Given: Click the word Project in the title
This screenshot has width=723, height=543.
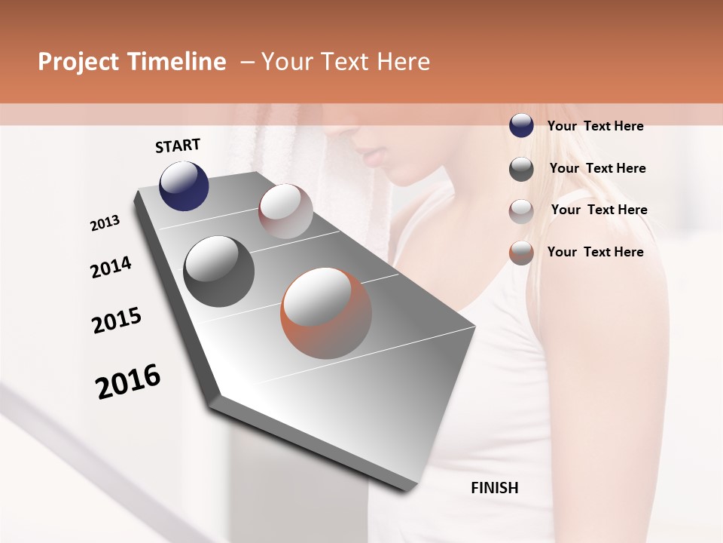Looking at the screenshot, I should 78,63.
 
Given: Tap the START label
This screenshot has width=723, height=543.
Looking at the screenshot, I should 178,146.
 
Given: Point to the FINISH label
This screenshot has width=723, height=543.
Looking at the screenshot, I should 495,488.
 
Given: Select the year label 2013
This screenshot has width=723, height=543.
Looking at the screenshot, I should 105,222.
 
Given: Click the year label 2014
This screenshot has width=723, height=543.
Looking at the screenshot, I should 111,267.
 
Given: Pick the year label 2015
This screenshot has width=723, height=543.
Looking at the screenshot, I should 117,321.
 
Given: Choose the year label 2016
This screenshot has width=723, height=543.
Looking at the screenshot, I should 128,381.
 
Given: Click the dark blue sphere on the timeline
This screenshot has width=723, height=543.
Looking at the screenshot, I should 184,186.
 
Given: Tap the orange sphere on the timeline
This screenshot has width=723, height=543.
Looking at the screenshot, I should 326,313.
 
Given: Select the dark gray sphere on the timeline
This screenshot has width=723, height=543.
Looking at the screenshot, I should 218,271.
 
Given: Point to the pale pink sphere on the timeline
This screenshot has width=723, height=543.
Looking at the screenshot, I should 285,211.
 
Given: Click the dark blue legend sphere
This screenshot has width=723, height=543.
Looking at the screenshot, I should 521,126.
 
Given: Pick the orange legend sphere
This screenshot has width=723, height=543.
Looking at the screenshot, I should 521,253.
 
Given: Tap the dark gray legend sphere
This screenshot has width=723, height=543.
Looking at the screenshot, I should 521,169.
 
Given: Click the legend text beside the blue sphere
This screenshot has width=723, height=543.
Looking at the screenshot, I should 595,126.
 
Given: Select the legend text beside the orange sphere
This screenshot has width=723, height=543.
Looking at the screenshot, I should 595,252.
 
